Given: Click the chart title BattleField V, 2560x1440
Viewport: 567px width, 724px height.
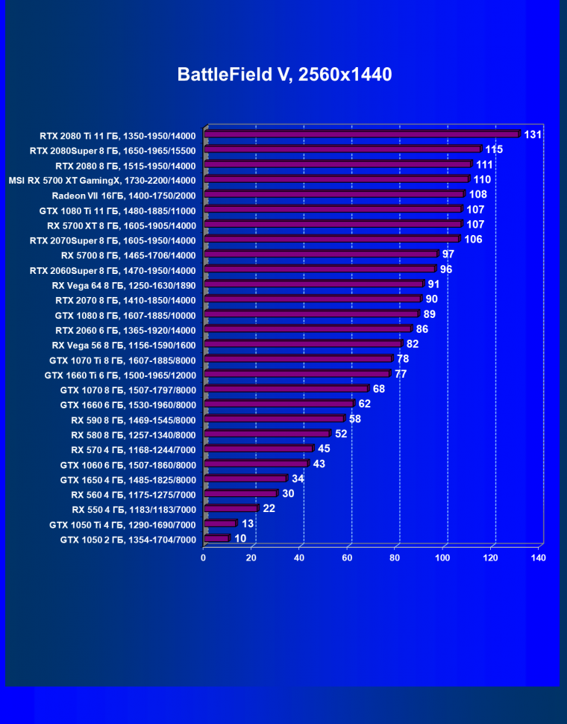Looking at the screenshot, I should point(284,75).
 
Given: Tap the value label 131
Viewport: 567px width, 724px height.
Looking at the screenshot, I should point(533,134).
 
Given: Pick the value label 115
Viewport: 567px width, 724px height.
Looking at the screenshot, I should point(494,149).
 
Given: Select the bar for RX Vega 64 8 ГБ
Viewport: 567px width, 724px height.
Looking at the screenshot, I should point(313,284).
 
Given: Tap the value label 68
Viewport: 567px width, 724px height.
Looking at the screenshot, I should point(379,389).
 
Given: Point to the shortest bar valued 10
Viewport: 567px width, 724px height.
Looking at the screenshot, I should point(216,538).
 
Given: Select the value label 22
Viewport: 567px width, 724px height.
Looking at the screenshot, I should point(269,508).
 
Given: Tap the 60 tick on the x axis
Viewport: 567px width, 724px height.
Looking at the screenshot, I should point(347,558).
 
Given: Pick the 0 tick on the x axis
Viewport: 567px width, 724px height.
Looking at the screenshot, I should point(203,558).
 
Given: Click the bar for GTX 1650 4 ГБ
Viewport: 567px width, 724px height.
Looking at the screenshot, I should point(245,478).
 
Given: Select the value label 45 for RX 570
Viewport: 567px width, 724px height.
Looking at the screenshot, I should point(324,449).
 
